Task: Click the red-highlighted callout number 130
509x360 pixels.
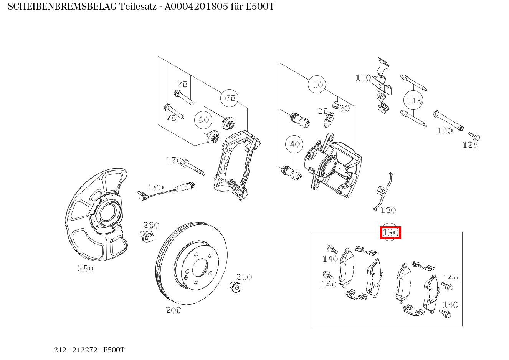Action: click(x=390, y=232)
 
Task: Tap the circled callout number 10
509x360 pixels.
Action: click(x=317, y=85)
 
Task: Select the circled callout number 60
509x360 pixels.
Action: click(x=230, y=98)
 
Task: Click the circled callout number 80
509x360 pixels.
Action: click(x=203, y=120)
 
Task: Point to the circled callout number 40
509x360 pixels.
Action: click(x=294, y=144)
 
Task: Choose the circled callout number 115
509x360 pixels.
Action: click(x=414, y=101)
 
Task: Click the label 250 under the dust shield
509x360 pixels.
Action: click(x=86, y=269)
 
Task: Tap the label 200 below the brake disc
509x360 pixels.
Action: click(x=173, y=310)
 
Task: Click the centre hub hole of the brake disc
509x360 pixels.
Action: click(x=200, y=267)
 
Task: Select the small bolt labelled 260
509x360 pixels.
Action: click(x=147, y=236)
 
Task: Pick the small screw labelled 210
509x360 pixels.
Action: click(x=235, y=287)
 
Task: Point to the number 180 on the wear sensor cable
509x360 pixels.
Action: click(x=156, y=187)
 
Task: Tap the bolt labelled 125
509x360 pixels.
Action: click(x=474, y=136)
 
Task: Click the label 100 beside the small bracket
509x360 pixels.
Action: click(x=388, y=210)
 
